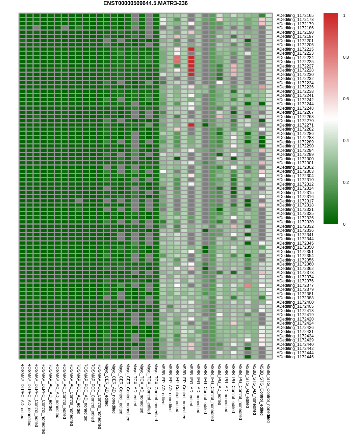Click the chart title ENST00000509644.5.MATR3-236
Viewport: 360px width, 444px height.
pos(145,3)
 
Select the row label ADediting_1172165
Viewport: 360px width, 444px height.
pos(295,16)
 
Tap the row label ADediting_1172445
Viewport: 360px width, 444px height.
pos(295,357)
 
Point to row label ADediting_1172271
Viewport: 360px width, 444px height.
pos(295,125)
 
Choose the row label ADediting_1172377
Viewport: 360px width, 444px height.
pos(295,285)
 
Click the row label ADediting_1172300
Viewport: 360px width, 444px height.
pos(295,159)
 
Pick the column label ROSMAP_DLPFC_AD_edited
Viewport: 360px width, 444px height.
pos(22,391)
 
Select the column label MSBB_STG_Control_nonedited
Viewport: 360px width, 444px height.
pos(268,393)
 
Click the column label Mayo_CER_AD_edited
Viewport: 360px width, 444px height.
pos(107,385)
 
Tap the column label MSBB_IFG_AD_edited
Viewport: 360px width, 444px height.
pos(191,385)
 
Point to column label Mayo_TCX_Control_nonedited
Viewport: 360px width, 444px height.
pos(156,392)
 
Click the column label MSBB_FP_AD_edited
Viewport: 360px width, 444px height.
pos(163,384)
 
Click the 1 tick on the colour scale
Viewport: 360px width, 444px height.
pos(344,16)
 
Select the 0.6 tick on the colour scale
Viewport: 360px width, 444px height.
pos(346,99)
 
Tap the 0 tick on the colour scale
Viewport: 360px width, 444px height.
pos(344,224)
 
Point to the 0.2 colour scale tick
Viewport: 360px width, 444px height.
pos(346,183)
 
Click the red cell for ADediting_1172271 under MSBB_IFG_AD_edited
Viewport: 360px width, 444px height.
pos(191,125)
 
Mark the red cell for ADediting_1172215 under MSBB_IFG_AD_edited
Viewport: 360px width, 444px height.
pos(191,49)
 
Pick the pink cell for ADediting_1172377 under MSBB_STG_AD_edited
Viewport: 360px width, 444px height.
pos(248,285)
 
